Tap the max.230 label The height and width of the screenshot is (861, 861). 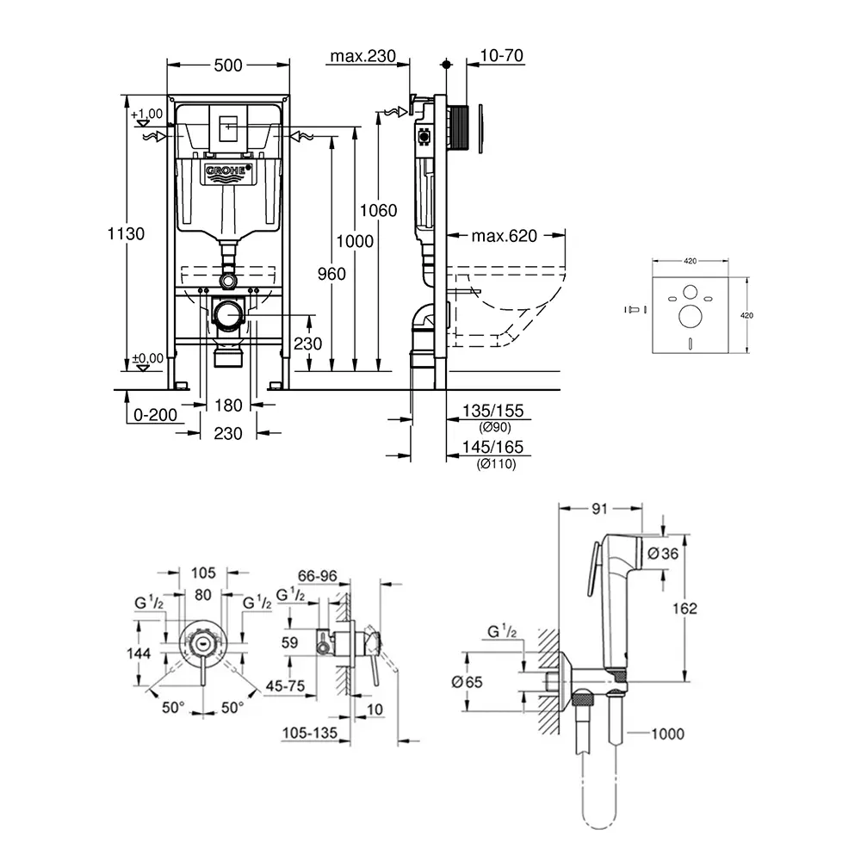(362, 57)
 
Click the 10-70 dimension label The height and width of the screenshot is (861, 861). (503, 57)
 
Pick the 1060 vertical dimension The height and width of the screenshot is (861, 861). (380, 210)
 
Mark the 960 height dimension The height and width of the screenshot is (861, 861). (330, 274)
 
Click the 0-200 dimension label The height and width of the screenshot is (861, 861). (155, 415)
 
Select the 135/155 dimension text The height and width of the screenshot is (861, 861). (492, 412)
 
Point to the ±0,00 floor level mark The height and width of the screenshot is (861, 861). (146, 358)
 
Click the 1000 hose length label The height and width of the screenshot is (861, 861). (666, 734)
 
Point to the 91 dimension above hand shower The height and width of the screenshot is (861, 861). (600, 509)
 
